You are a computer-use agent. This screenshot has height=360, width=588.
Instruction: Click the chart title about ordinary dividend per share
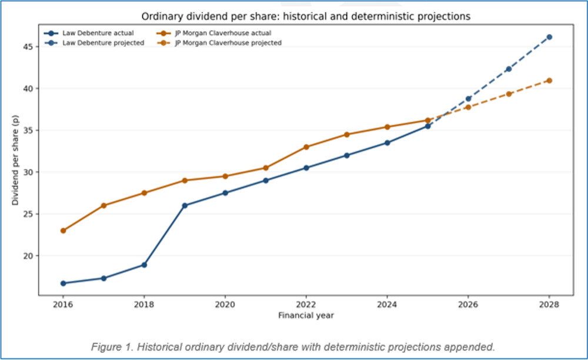306,16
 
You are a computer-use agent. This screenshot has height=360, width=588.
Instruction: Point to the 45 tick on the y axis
29,46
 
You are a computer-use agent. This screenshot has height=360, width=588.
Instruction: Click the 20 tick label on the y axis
29,256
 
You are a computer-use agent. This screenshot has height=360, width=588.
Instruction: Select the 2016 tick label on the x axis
62,305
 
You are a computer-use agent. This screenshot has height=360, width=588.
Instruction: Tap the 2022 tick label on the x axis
306,305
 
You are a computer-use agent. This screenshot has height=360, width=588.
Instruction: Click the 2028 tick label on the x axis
549,305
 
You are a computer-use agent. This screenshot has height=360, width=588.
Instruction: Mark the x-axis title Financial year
306,316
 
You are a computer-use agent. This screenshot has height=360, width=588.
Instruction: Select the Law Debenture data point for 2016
63,284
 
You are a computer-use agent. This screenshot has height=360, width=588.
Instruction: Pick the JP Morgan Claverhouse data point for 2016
63,231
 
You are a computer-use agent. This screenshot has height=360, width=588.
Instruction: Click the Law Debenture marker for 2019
185,205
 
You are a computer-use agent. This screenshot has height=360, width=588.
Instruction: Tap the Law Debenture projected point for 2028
549,37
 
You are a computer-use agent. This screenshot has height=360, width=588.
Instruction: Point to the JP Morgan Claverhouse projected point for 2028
549,80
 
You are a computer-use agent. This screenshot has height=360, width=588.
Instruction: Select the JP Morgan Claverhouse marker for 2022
306,147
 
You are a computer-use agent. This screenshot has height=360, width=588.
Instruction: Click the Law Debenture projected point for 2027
509,69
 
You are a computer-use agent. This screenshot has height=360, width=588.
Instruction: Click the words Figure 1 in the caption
110,347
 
